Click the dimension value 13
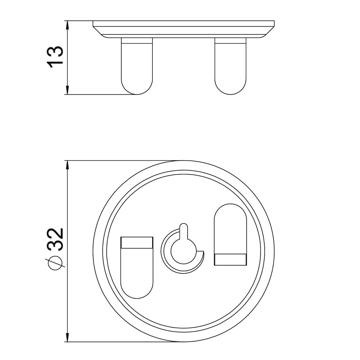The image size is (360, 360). tap(55, 57)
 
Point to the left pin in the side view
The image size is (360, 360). tap(137, 66)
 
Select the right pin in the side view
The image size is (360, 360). tap(230, 66)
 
